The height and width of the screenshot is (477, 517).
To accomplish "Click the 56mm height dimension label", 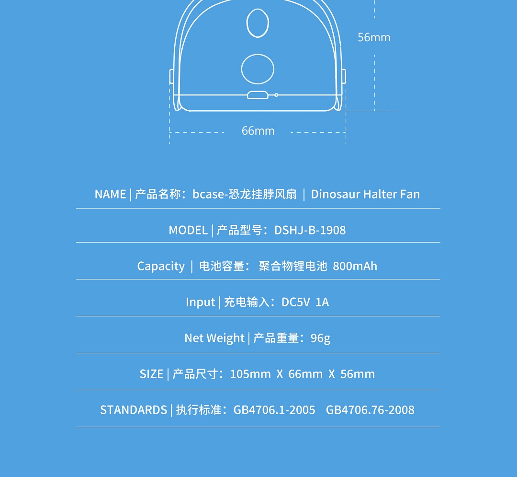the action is (374, 37).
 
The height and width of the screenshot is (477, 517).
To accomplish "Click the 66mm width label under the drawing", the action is (258, 131).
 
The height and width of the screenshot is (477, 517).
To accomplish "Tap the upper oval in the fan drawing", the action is (258, 23).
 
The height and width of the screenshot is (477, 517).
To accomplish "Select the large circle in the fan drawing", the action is (258, 69).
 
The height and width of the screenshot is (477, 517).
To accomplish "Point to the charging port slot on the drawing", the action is (258, 95).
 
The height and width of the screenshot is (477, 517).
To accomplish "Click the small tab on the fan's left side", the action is (171, 76).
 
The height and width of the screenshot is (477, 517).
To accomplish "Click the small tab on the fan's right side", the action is (344, 76).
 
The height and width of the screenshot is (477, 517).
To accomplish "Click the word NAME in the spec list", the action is (110, 194).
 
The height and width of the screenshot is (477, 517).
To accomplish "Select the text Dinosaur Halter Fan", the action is (365, 194).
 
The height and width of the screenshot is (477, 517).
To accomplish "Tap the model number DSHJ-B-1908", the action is (310, 230).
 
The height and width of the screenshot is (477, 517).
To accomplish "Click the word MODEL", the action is (188, 230).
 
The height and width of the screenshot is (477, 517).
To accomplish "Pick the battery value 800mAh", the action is (355, 266).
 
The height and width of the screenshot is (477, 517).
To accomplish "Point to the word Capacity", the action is (161, 266).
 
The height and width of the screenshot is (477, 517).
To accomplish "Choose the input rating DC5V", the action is (295, 302).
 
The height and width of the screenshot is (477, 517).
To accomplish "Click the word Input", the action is (200, 302).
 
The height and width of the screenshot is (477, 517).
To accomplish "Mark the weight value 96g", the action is (320, 338).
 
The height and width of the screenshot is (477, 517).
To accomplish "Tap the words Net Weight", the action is (214, 338).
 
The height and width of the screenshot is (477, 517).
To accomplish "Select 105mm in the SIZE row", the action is (250, 374).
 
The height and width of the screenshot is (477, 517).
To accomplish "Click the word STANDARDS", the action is (134, 410).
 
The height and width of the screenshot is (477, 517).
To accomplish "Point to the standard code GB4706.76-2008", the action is (370, 410).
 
